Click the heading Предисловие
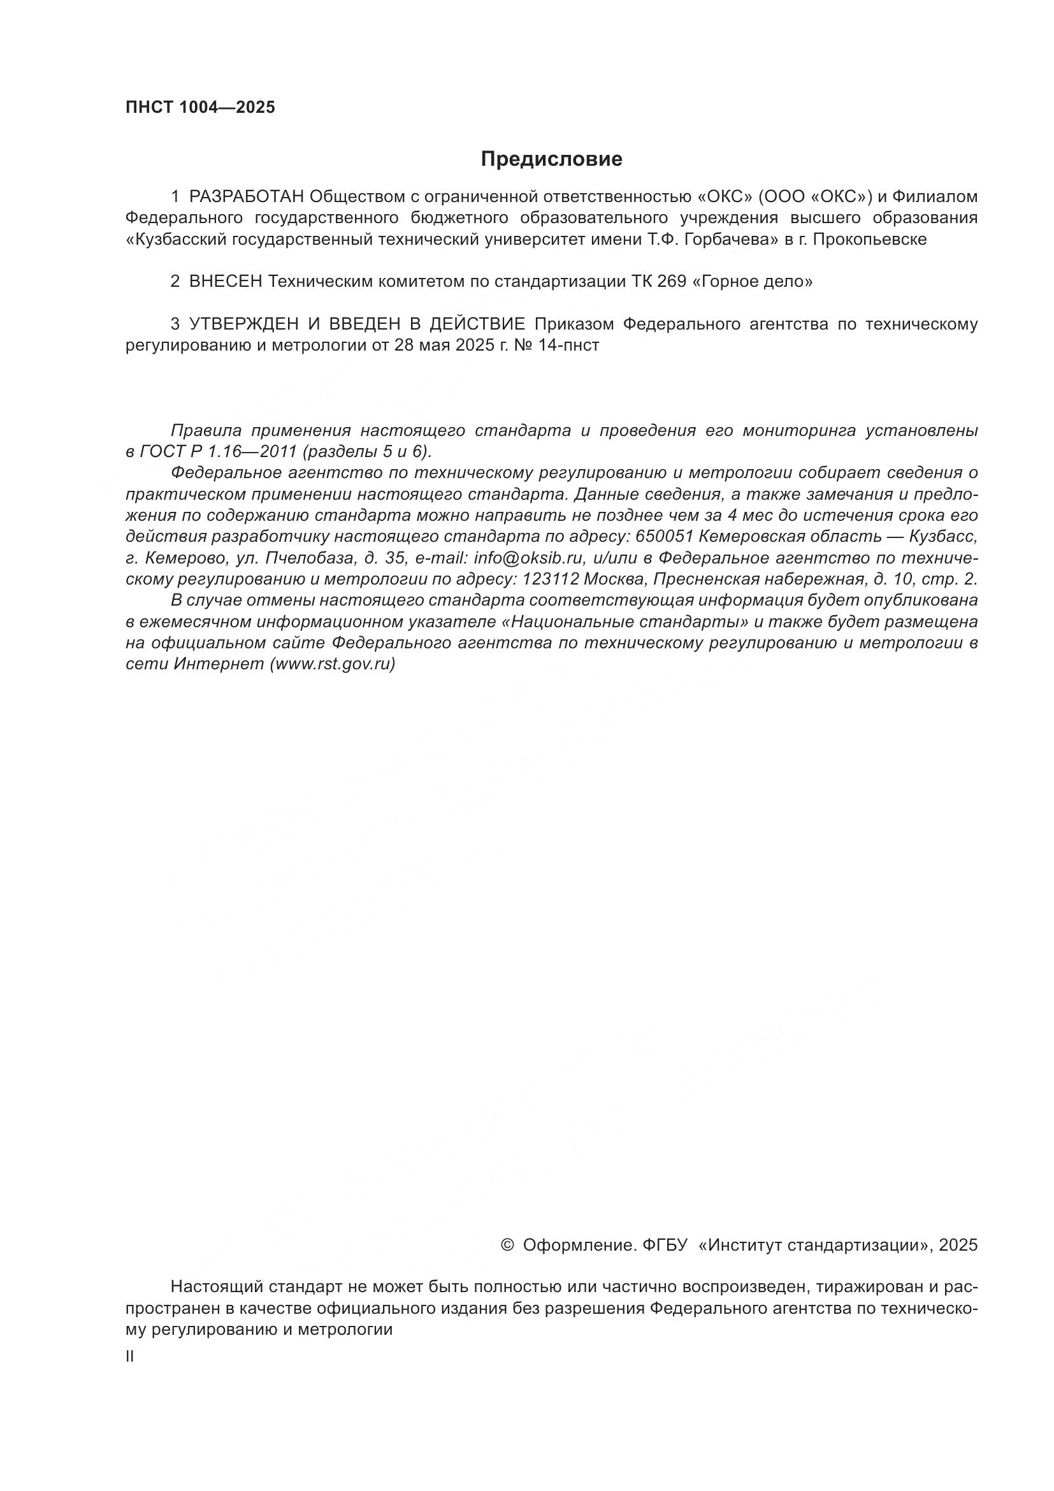point(551,159)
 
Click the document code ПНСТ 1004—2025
point(200,107)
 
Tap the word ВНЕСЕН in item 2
point(226,282)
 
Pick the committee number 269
point(672,282)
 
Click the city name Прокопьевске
point(869,240)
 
